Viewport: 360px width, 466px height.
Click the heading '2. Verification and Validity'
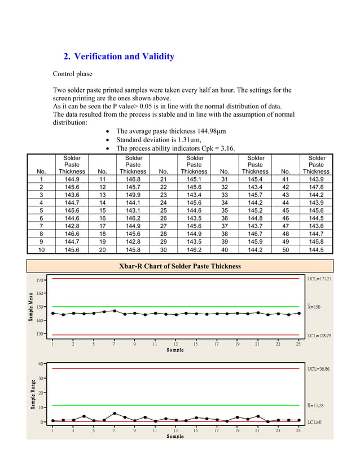[x=118, y=56]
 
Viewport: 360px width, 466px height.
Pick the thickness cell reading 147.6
[x=316, y=187]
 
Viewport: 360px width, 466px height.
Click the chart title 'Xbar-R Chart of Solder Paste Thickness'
[x=179, y=266]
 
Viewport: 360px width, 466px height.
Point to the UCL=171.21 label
[x=319, y=279]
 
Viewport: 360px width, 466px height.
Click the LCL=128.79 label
[x=319, y=336]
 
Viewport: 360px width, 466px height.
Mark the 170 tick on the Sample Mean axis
[x=40, y=280]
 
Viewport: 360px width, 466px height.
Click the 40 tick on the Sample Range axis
[x=41, y=363]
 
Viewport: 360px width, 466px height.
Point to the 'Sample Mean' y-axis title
[x=31, y=306]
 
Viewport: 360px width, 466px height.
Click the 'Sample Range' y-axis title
[x=31, y=393]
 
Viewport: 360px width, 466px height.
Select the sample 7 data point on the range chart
[x=114, y=414]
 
